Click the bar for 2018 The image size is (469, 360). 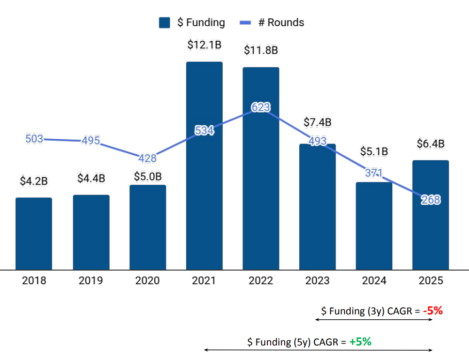pos(33,233)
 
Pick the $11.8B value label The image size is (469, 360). pos(261,50)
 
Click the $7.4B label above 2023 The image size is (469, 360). pos(318,122)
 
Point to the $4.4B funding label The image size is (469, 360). pos(91,178)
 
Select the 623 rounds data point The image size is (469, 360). pos(261,107)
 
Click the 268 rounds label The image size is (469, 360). pos(431,199)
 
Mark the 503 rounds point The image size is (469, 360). pos(34,138)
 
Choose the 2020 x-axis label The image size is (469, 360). pos(147,280)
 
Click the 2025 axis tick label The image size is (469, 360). pos(431,280)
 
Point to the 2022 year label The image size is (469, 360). pos(261,280)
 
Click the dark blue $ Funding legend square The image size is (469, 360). pos(165,22)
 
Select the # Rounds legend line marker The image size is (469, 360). pos(247,23)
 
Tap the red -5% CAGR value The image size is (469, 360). pos(433,311)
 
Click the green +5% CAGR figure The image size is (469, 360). pos(361,342)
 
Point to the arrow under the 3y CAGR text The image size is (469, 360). pos(373,320)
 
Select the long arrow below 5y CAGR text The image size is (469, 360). pos(318,350)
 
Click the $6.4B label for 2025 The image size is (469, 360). pos(431,144)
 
